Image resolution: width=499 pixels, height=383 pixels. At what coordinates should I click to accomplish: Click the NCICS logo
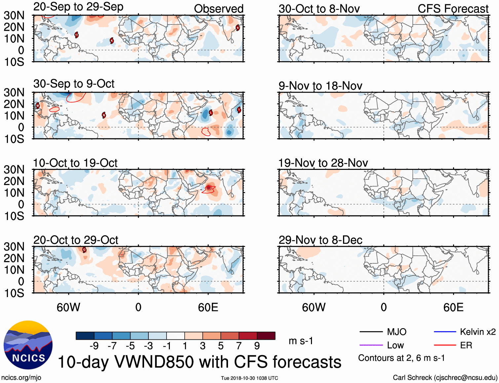[28, 345]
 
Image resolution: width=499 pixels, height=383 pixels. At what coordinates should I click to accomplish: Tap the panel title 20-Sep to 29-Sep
[78, 7]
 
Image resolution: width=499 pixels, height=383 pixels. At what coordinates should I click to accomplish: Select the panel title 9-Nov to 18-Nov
[320, 86]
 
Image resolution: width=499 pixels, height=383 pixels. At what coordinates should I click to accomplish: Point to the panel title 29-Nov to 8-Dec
[320, 240]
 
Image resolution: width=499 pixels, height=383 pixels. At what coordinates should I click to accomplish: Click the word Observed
[218, 9]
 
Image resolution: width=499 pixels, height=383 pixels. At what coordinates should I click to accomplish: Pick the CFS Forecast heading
[453, 9]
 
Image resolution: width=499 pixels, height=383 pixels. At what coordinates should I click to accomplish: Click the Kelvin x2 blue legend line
[445, 332]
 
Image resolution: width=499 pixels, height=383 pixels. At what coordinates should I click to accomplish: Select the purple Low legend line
[371, 345]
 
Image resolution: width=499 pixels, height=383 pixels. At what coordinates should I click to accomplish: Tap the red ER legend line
[445, 345]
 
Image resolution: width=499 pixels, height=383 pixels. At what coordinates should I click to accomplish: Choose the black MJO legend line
[371, 332]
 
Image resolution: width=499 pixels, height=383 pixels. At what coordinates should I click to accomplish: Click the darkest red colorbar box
[266, 336]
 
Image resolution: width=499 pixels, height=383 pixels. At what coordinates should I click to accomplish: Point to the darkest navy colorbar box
[85, 336]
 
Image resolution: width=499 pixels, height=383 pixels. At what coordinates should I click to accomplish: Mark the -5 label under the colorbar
[130, 346]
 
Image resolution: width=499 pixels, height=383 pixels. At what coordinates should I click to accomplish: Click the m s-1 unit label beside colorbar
[301, 341]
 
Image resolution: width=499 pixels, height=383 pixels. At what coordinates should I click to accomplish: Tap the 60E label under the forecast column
[453, 307]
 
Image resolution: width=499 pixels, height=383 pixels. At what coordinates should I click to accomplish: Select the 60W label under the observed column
[68, 307]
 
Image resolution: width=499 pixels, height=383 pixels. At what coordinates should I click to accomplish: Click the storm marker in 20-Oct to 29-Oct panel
[84, 250]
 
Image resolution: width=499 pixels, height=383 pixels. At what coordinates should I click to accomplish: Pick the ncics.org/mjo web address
[21, 377]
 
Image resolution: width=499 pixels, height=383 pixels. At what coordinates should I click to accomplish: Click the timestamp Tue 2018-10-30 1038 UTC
[249, 378]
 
